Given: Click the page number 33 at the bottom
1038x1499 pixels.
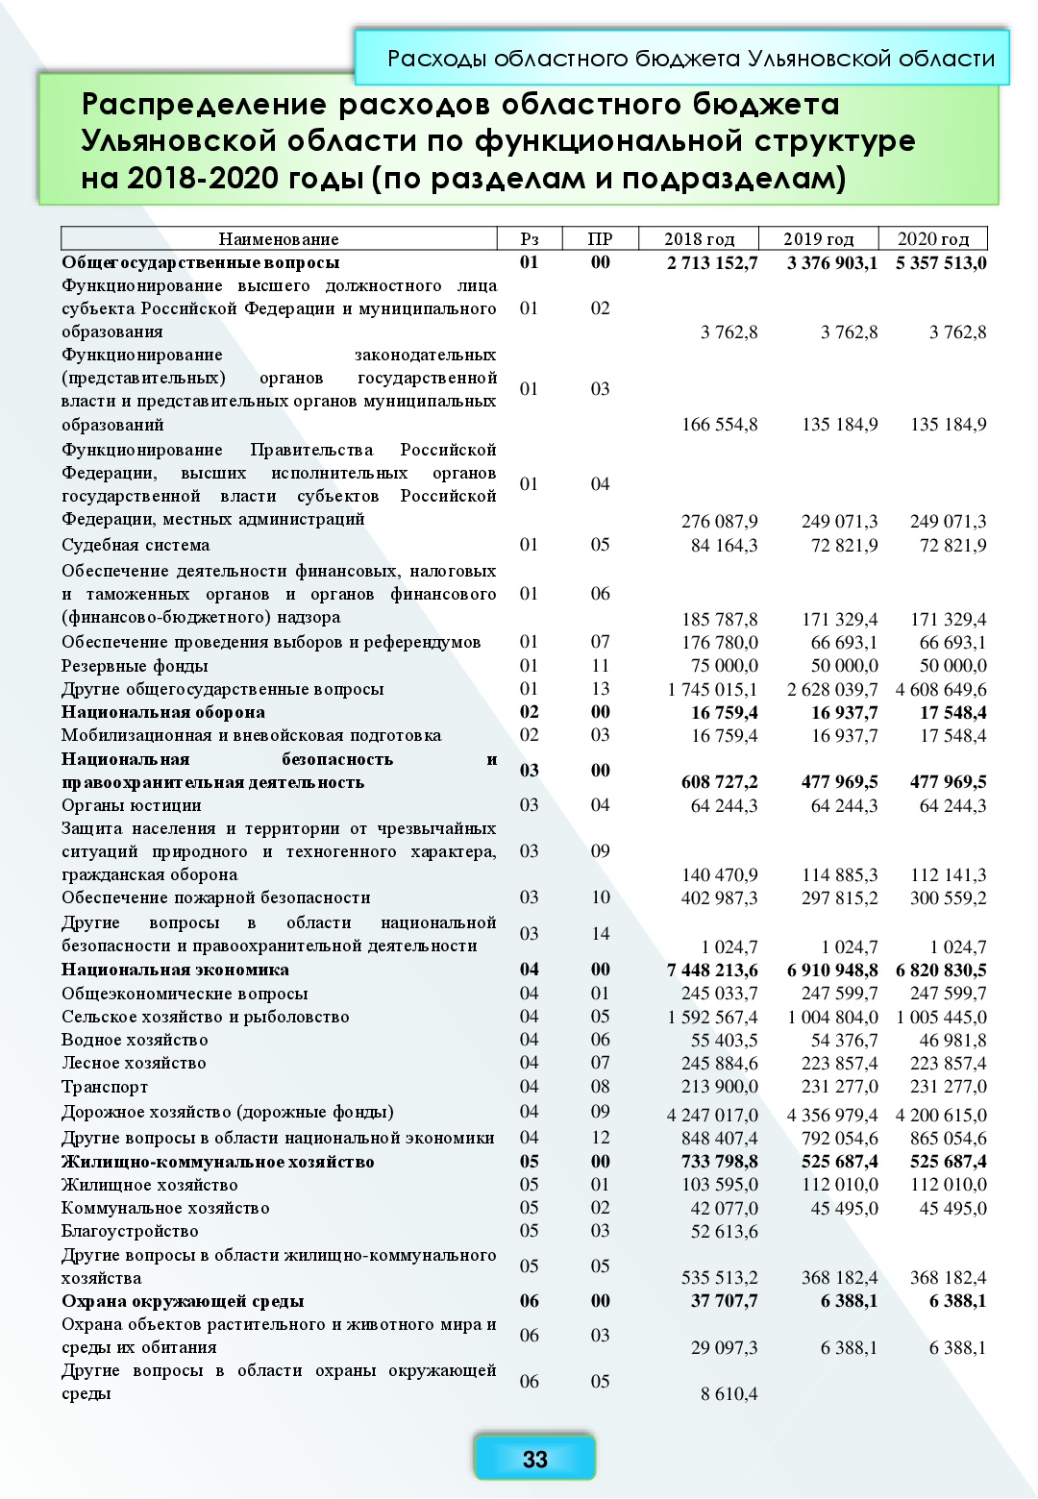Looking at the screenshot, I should pos(534,1459).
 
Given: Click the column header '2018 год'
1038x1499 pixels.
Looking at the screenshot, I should pos(699,239).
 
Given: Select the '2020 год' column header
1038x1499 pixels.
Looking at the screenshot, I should pos(932,239).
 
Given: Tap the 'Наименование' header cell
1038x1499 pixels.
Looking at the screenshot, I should pos(279,239).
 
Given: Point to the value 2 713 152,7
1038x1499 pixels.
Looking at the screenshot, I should pos(712,263).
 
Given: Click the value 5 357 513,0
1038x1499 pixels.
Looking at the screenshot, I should pos(941,263).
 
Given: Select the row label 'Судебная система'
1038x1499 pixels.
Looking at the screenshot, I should pos(136,545).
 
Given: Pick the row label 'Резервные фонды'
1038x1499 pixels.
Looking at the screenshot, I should pos(135,666).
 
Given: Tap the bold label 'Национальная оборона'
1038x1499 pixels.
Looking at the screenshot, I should pos(163,712).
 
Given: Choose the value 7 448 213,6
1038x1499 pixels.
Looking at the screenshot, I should pos(712,971).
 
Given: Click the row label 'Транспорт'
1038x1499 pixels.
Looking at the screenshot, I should pos(105,1087).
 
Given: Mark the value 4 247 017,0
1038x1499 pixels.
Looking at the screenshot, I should pos(712,1116).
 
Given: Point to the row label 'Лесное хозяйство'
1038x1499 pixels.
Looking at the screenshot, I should pos(134,1063).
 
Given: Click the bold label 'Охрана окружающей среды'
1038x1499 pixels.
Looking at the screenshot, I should pos(183,1301).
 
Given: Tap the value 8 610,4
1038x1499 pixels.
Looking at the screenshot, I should pos(729,1393).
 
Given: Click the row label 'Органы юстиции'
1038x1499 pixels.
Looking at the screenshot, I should pos(132,805).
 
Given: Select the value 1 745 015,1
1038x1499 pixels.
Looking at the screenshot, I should pos(712,690).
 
